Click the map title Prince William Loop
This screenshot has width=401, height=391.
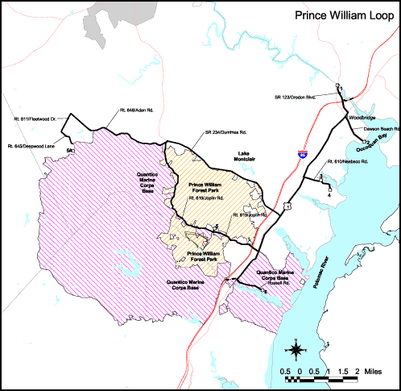click(x=338, y=15)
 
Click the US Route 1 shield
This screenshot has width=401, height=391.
click(x=287, y=206)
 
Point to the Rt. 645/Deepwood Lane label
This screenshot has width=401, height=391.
click(x=32, y=146)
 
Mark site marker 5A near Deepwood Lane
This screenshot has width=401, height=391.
click(x=71, y=150)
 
